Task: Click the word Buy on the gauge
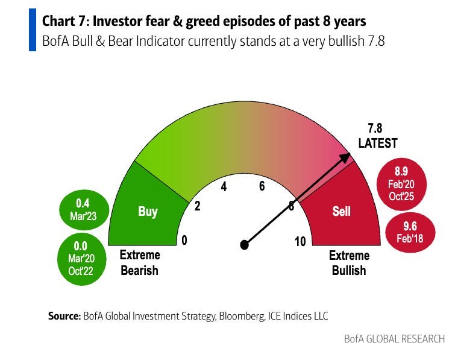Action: coord(148,212)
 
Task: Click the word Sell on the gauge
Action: coord(342,212)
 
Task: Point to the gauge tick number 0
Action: coord(184,241)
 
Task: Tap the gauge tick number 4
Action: coord(224,186)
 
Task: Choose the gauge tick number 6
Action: coord(262,186)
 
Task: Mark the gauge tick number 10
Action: coord(300,242)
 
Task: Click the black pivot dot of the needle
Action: coord(244,245)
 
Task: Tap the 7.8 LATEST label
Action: coord(378,136)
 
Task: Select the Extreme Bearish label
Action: coord(139,263)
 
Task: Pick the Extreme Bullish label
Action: coord(349,263)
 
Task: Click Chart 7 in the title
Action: coord(64,22)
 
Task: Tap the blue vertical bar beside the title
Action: coord(32,30)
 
